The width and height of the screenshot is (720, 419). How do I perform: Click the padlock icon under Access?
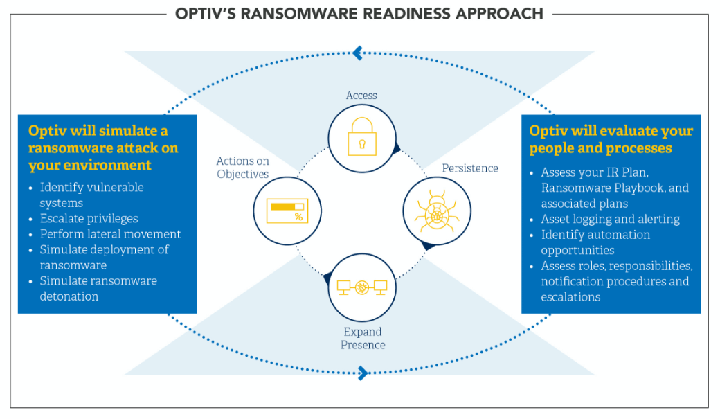point(361,135)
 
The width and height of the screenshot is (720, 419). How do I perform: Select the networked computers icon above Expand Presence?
point(361,286)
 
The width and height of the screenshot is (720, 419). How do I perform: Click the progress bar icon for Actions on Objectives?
point(286,211)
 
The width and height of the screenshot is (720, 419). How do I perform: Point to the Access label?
point(361,96)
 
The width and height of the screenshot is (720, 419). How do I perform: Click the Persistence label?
point(470,168)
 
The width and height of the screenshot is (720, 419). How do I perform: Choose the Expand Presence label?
point(363,338)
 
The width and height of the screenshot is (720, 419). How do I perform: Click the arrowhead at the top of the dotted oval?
point(357,52)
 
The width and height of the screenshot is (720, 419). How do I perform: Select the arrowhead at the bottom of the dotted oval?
point(362,374)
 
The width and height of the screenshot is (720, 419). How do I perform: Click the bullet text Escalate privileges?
point(89,218)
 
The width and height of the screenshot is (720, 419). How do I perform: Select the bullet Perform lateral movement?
point(110,234)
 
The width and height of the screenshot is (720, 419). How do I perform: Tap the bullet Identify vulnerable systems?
point(91,195)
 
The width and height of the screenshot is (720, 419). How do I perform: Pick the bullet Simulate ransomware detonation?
point(98,288)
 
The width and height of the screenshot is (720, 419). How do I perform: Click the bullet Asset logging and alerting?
point(610,219)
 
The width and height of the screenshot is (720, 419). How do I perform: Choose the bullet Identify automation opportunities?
point(595,242)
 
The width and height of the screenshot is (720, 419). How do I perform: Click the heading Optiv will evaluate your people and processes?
point(611,139)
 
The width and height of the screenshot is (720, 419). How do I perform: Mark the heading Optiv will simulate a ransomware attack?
point(103,148)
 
